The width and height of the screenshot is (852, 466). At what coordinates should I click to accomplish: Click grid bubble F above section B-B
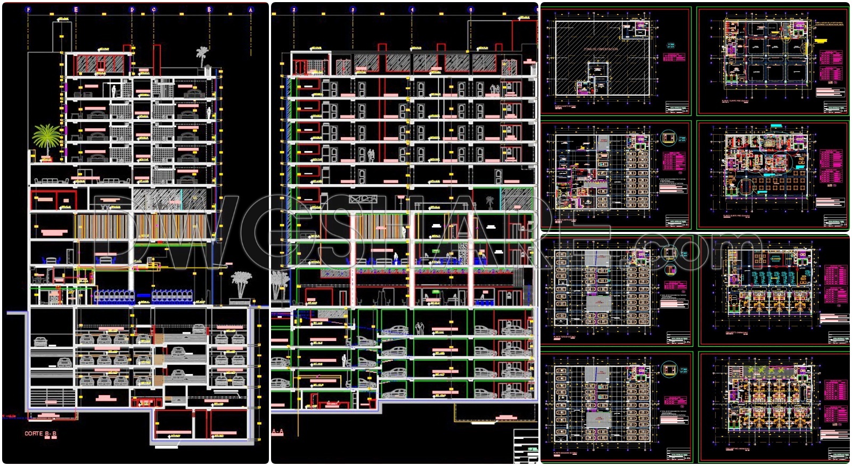(28, 10)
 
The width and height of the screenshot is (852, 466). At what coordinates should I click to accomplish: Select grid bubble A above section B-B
(250, 10)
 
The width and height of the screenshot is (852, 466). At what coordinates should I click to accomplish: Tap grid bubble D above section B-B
(132, 10)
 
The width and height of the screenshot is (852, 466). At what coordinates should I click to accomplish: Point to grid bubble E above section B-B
(76, 10)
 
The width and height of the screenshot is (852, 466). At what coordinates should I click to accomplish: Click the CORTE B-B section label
(40, 434)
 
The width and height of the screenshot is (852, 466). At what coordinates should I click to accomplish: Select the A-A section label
(277, 431)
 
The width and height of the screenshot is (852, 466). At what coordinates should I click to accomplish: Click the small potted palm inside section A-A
(489, 202)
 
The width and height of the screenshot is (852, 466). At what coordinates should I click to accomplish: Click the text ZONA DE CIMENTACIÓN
(601, 49)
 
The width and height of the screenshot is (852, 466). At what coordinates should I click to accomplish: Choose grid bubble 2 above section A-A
(293, 10)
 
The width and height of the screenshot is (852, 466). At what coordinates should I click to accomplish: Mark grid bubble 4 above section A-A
(412, 10)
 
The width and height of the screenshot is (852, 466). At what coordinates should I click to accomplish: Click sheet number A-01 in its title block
(686, 111)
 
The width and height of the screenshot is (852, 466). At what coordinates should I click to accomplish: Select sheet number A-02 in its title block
(686, 225)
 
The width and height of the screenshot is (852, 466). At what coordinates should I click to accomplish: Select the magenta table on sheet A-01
(674, 57)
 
